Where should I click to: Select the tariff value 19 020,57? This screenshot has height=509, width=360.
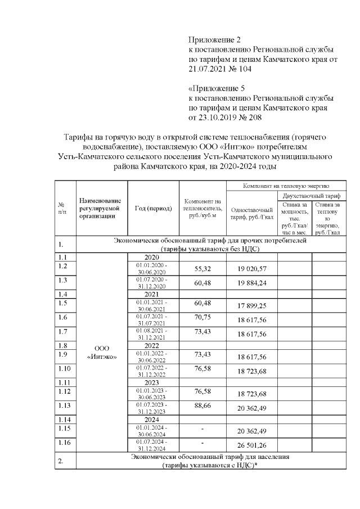pos(251,269)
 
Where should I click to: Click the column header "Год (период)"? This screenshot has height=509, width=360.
pos(154,208)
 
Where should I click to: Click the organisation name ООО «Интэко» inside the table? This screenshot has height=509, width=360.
pos(101,352)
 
